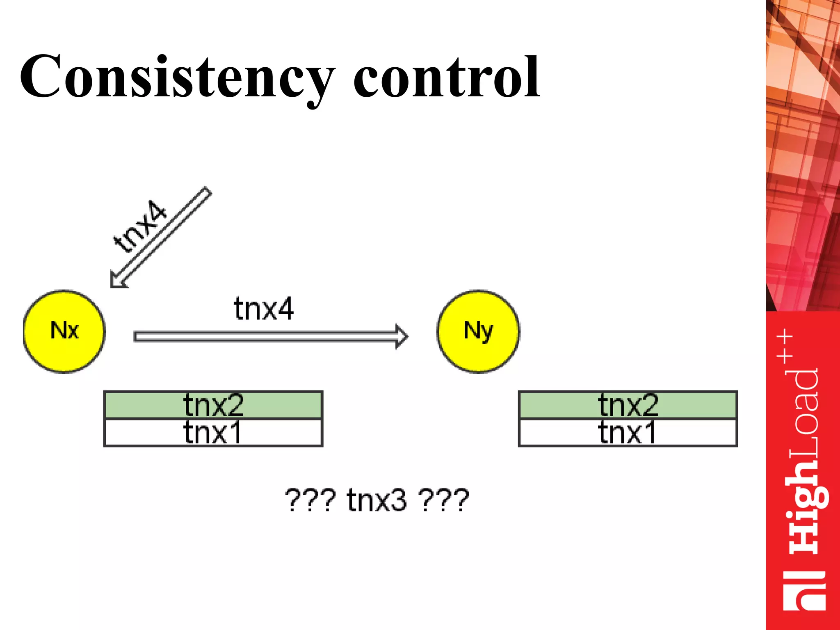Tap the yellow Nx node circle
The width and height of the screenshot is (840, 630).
(64, 331)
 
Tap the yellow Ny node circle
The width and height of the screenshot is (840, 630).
(478, 331)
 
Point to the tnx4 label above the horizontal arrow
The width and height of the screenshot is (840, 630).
(264, 308)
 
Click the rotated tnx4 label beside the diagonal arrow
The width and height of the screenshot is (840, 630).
(140, 226)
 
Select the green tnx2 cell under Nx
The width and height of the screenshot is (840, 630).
(213, 405)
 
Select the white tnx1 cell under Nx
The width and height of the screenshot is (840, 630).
(213, 432)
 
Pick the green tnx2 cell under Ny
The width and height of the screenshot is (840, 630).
(628, 405)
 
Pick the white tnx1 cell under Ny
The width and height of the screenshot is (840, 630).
(628, 432)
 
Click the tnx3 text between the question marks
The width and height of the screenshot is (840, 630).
(377, 500)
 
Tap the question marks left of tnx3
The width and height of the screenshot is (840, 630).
(310, 500)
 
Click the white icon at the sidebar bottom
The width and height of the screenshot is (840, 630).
(804, 591)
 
